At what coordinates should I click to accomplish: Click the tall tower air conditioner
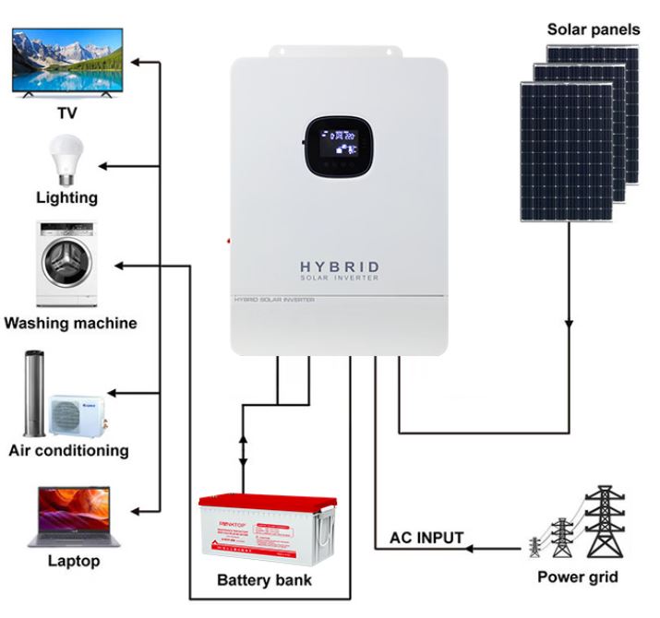(x=34, y=393)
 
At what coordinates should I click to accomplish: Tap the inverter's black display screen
(x=340, y=146)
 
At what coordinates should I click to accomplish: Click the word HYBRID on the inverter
(x=340, y=267)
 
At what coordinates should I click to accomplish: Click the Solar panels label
(x=593, y=30)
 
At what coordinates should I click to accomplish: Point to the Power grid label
(x=578, y=578)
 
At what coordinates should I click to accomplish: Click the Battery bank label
(x=264, y=580)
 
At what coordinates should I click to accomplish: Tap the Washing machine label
(x=70, y=323)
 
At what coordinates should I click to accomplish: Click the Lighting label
(x=66, y=197)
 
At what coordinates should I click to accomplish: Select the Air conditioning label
(x=68, y=450)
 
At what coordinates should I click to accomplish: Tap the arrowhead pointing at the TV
(x=136, y=64)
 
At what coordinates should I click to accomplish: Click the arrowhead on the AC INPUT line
(x=470, y=549)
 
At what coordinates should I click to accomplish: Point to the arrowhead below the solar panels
(x=569, y=323)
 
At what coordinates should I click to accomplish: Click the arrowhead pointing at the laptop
(x=136, y=510)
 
